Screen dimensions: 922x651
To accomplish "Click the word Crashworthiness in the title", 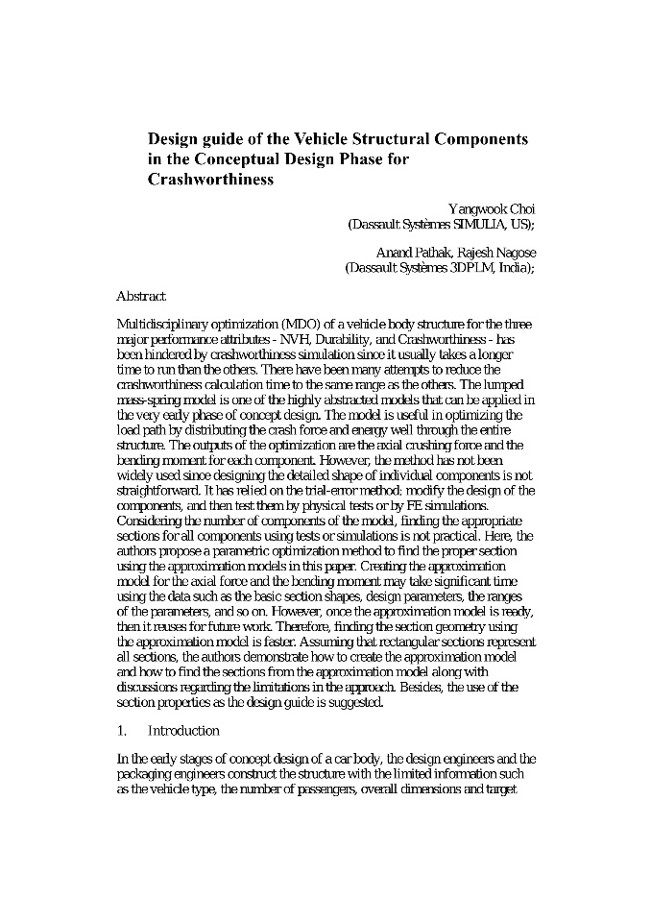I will [x=210, y=179].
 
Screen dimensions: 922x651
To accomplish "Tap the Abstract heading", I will [x=141, y=297].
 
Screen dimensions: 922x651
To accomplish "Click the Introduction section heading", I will [x=183, y=731].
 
